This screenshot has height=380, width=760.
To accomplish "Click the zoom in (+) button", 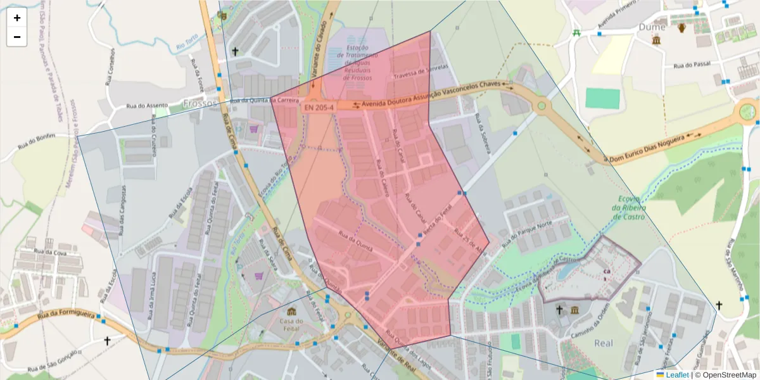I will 17,18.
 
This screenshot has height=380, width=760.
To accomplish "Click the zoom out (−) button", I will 17,37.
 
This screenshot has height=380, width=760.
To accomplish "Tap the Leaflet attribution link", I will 677,375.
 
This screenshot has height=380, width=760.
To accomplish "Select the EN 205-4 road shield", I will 319,108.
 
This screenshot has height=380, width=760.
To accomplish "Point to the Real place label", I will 604,343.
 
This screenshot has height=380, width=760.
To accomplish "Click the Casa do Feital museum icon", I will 291,312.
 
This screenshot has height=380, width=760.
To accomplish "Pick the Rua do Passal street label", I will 693,65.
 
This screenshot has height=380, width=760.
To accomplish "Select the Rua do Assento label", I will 147,106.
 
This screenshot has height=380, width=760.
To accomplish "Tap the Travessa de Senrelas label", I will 421,71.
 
